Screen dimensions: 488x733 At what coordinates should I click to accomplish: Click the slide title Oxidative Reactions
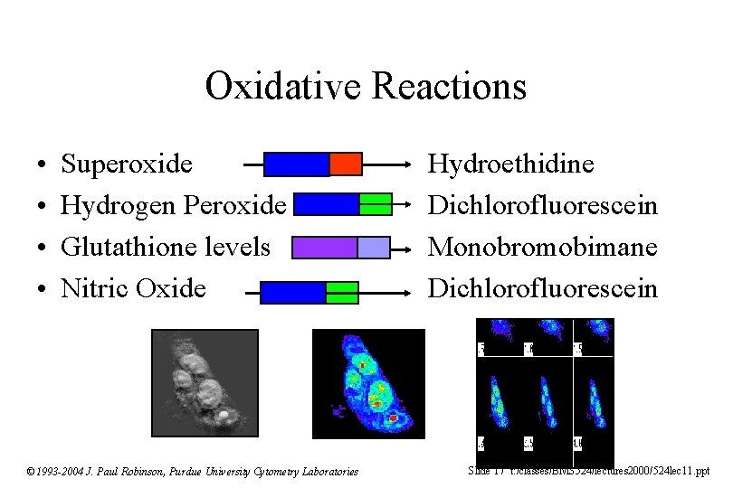(x=366, y=87)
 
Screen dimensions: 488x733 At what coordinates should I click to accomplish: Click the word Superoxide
(x=126, y=164)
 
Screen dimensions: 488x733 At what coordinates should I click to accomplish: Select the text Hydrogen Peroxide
(x=173, y=205)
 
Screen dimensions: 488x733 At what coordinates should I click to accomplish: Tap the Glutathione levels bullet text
(x=165, y=247)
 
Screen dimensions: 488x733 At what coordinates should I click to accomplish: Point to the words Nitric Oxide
(x=133, y=288)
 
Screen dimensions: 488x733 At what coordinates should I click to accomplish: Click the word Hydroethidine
(x=510, y=164)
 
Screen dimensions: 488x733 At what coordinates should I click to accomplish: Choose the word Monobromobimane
(x=542, y=247)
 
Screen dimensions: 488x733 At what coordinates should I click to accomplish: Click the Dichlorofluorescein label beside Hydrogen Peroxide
(x=542, y=205)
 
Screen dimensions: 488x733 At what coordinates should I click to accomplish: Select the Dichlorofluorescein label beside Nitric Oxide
(x=542, y=288)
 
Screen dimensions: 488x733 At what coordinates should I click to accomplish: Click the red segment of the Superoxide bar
(x=345, y=164)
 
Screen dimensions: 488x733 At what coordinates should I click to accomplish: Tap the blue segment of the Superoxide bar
(x=296, y=164)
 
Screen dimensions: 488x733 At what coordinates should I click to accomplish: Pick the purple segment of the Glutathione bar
(x=325, y=247)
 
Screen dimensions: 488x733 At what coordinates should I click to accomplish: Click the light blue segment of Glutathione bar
(x=373, y=247)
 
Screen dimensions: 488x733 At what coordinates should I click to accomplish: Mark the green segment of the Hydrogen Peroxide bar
(x=375, y=204)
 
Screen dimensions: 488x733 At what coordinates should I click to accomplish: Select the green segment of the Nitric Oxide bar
(x=341, y=292)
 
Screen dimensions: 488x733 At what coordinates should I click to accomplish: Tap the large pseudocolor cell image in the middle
(x=368, y=383)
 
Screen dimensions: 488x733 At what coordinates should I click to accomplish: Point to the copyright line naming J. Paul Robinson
(x=192, y=471)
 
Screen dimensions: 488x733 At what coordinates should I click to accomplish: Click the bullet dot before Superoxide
(x=43, y=165)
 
